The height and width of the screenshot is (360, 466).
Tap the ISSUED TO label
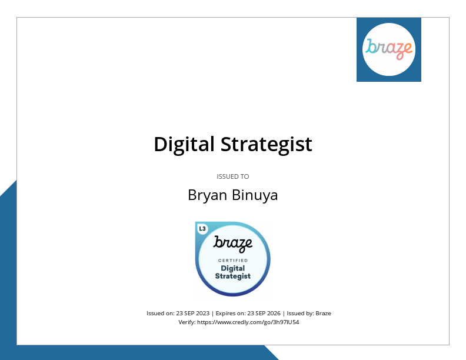tap(233, 176)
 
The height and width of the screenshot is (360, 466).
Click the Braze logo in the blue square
tap(389, 49)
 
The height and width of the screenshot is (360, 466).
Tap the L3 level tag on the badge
tap(202, 229)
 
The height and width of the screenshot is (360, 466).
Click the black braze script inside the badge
tap(233, 243)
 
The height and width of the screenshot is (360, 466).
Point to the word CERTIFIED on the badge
tap(233, 260)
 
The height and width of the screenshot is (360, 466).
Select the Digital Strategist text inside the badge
tap(233, 272)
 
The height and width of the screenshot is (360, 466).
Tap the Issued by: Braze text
tap(308, 314)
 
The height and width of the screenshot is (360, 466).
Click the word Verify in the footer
tap(187, 322)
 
